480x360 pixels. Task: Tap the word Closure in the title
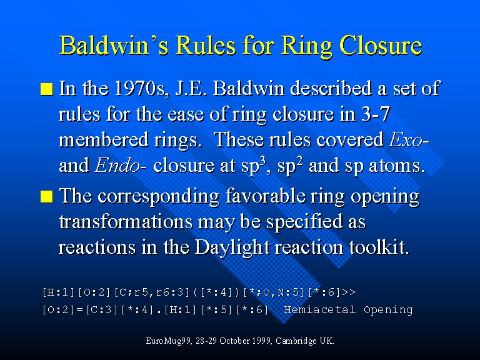point(381,45)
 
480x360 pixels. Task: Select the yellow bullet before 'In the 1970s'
point(47,89)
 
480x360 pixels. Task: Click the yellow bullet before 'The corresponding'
point(47,196)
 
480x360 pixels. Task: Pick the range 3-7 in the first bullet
point(376,114)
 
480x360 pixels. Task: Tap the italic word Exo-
point(409,140)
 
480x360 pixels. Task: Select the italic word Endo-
point(121,166)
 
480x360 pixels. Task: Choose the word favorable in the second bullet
point(266,196)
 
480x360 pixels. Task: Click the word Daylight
point(232,247)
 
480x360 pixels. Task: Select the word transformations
point(126,221)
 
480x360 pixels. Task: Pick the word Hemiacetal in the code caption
point(320,309)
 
